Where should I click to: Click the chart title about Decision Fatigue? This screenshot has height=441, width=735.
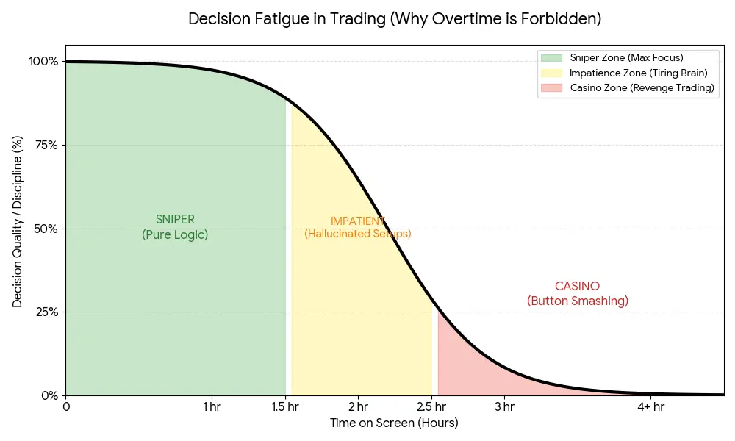[395, 19]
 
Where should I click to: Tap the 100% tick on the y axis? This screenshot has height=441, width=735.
[43, 61]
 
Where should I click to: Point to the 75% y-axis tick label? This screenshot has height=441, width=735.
[46, 145]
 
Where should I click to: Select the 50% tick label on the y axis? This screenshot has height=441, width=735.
[46, 229]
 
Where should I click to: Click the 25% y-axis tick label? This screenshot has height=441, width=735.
[46, 312]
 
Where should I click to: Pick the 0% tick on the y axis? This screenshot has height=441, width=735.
[49, 395]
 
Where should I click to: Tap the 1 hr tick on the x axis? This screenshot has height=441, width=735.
[212, 406]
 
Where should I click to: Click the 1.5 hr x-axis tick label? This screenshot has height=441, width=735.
[285, 406]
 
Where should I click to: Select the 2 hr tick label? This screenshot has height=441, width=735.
[358, 406]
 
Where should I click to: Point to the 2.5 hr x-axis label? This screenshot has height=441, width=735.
[431, 406]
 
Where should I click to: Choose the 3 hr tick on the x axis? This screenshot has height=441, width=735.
[504, 406]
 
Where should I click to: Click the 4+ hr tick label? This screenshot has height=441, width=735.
[650, 406]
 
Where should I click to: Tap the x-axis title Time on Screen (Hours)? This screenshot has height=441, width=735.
[394, 423]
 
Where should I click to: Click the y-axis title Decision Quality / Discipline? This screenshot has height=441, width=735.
[18, 221]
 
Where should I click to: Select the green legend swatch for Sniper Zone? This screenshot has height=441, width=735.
[551, 57]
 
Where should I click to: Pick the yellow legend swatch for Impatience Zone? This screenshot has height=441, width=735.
[551, 73]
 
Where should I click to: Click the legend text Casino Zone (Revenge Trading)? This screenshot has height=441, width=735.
[642, 88]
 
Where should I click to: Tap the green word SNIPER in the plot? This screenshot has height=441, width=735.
[175, 220]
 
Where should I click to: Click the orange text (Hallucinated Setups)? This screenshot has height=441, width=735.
[358, 234]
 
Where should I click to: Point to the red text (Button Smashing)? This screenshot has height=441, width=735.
[578, 301]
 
